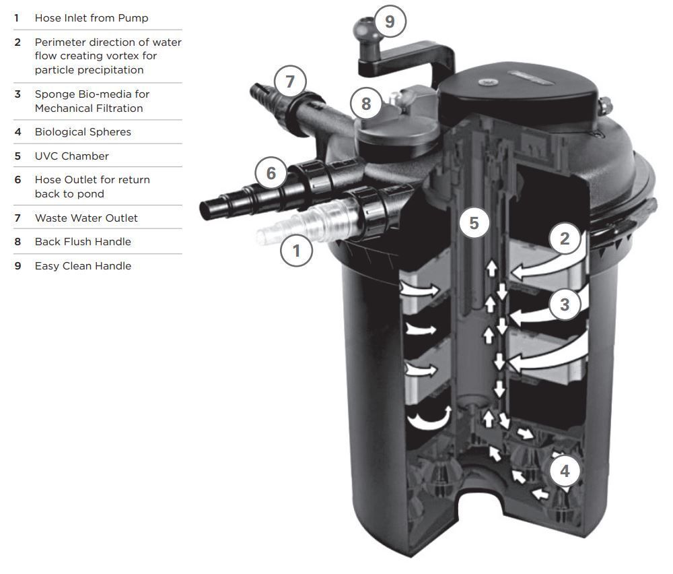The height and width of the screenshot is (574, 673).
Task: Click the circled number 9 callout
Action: click(390, 22)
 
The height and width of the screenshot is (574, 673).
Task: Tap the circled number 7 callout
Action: click(290, 82)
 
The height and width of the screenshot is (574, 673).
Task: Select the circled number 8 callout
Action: click(366, 104)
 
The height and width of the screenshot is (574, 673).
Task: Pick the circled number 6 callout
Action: click(271, 173)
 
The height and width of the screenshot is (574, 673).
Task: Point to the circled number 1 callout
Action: click(296, 251)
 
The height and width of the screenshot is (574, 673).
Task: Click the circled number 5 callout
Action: click(474, 223)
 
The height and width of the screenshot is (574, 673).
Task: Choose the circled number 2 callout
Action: click(565, 238)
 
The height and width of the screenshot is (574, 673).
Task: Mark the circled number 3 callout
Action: click(565, 305)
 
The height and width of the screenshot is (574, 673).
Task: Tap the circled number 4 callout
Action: click(565, 472)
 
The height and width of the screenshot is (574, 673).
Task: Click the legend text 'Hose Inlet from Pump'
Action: click(92, 18)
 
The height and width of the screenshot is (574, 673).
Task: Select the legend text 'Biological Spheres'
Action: click(83, 132)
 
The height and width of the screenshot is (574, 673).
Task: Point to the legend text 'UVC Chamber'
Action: click(71, 156)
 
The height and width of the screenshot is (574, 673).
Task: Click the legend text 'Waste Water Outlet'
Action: click(86, 218)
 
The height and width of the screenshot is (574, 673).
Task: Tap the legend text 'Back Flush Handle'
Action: click(83, 241)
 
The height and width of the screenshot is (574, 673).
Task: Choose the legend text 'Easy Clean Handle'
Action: click(83, 265)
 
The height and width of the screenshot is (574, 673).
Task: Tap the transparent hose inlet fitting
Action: click(273, 232)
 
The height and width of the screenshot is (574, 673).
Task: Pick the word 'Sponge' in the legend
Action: click(54, 94)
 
